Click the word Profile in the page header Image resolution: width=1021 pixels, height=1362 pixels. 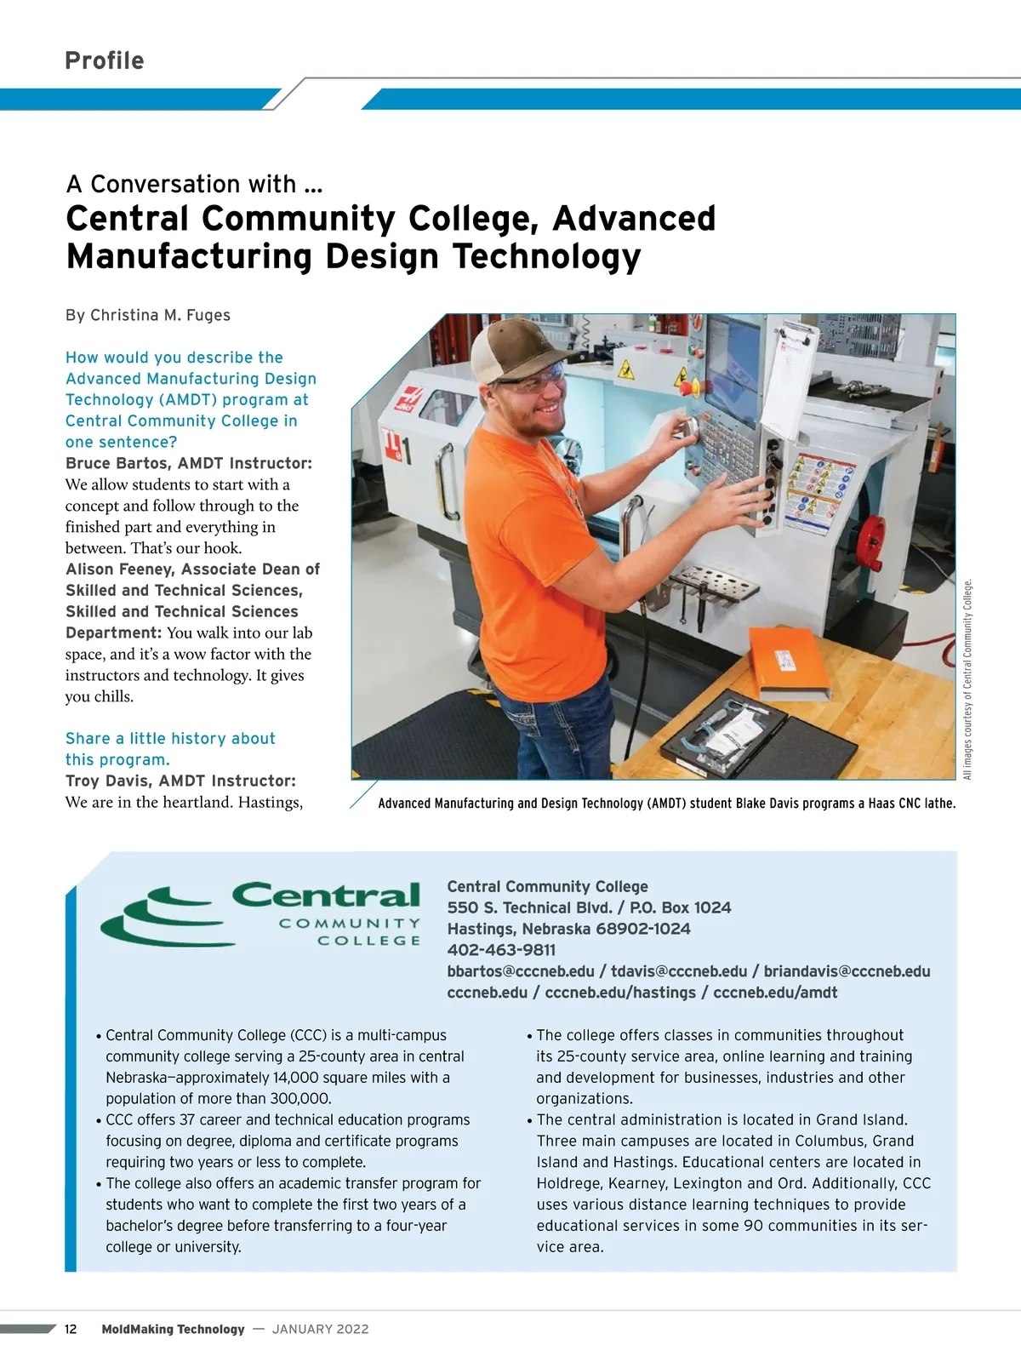[105, 60]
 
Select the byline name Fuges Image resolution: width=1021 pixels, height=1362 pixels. [208, 315]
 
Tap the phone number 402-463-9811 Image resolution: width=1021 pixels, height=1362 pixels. [501, 950]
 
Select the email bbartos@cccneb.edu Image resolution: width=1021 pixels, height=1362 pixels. [521, 971]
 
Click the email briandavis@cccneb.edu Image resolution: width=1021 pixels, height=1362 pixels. [847, 971]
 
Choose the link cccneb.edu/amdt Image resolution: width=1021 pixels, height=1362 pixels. [775, 993]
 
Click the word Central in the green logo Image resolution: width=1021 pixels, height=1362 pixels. [326, 895]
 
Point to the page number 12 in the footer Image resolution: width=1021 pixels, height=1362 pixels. [71, 1329]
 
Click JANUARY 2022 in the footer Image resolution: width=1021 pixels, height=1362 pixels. [321, 1329]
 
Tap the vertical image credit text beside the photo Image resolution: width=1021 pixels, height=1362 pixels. [967, 678]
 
